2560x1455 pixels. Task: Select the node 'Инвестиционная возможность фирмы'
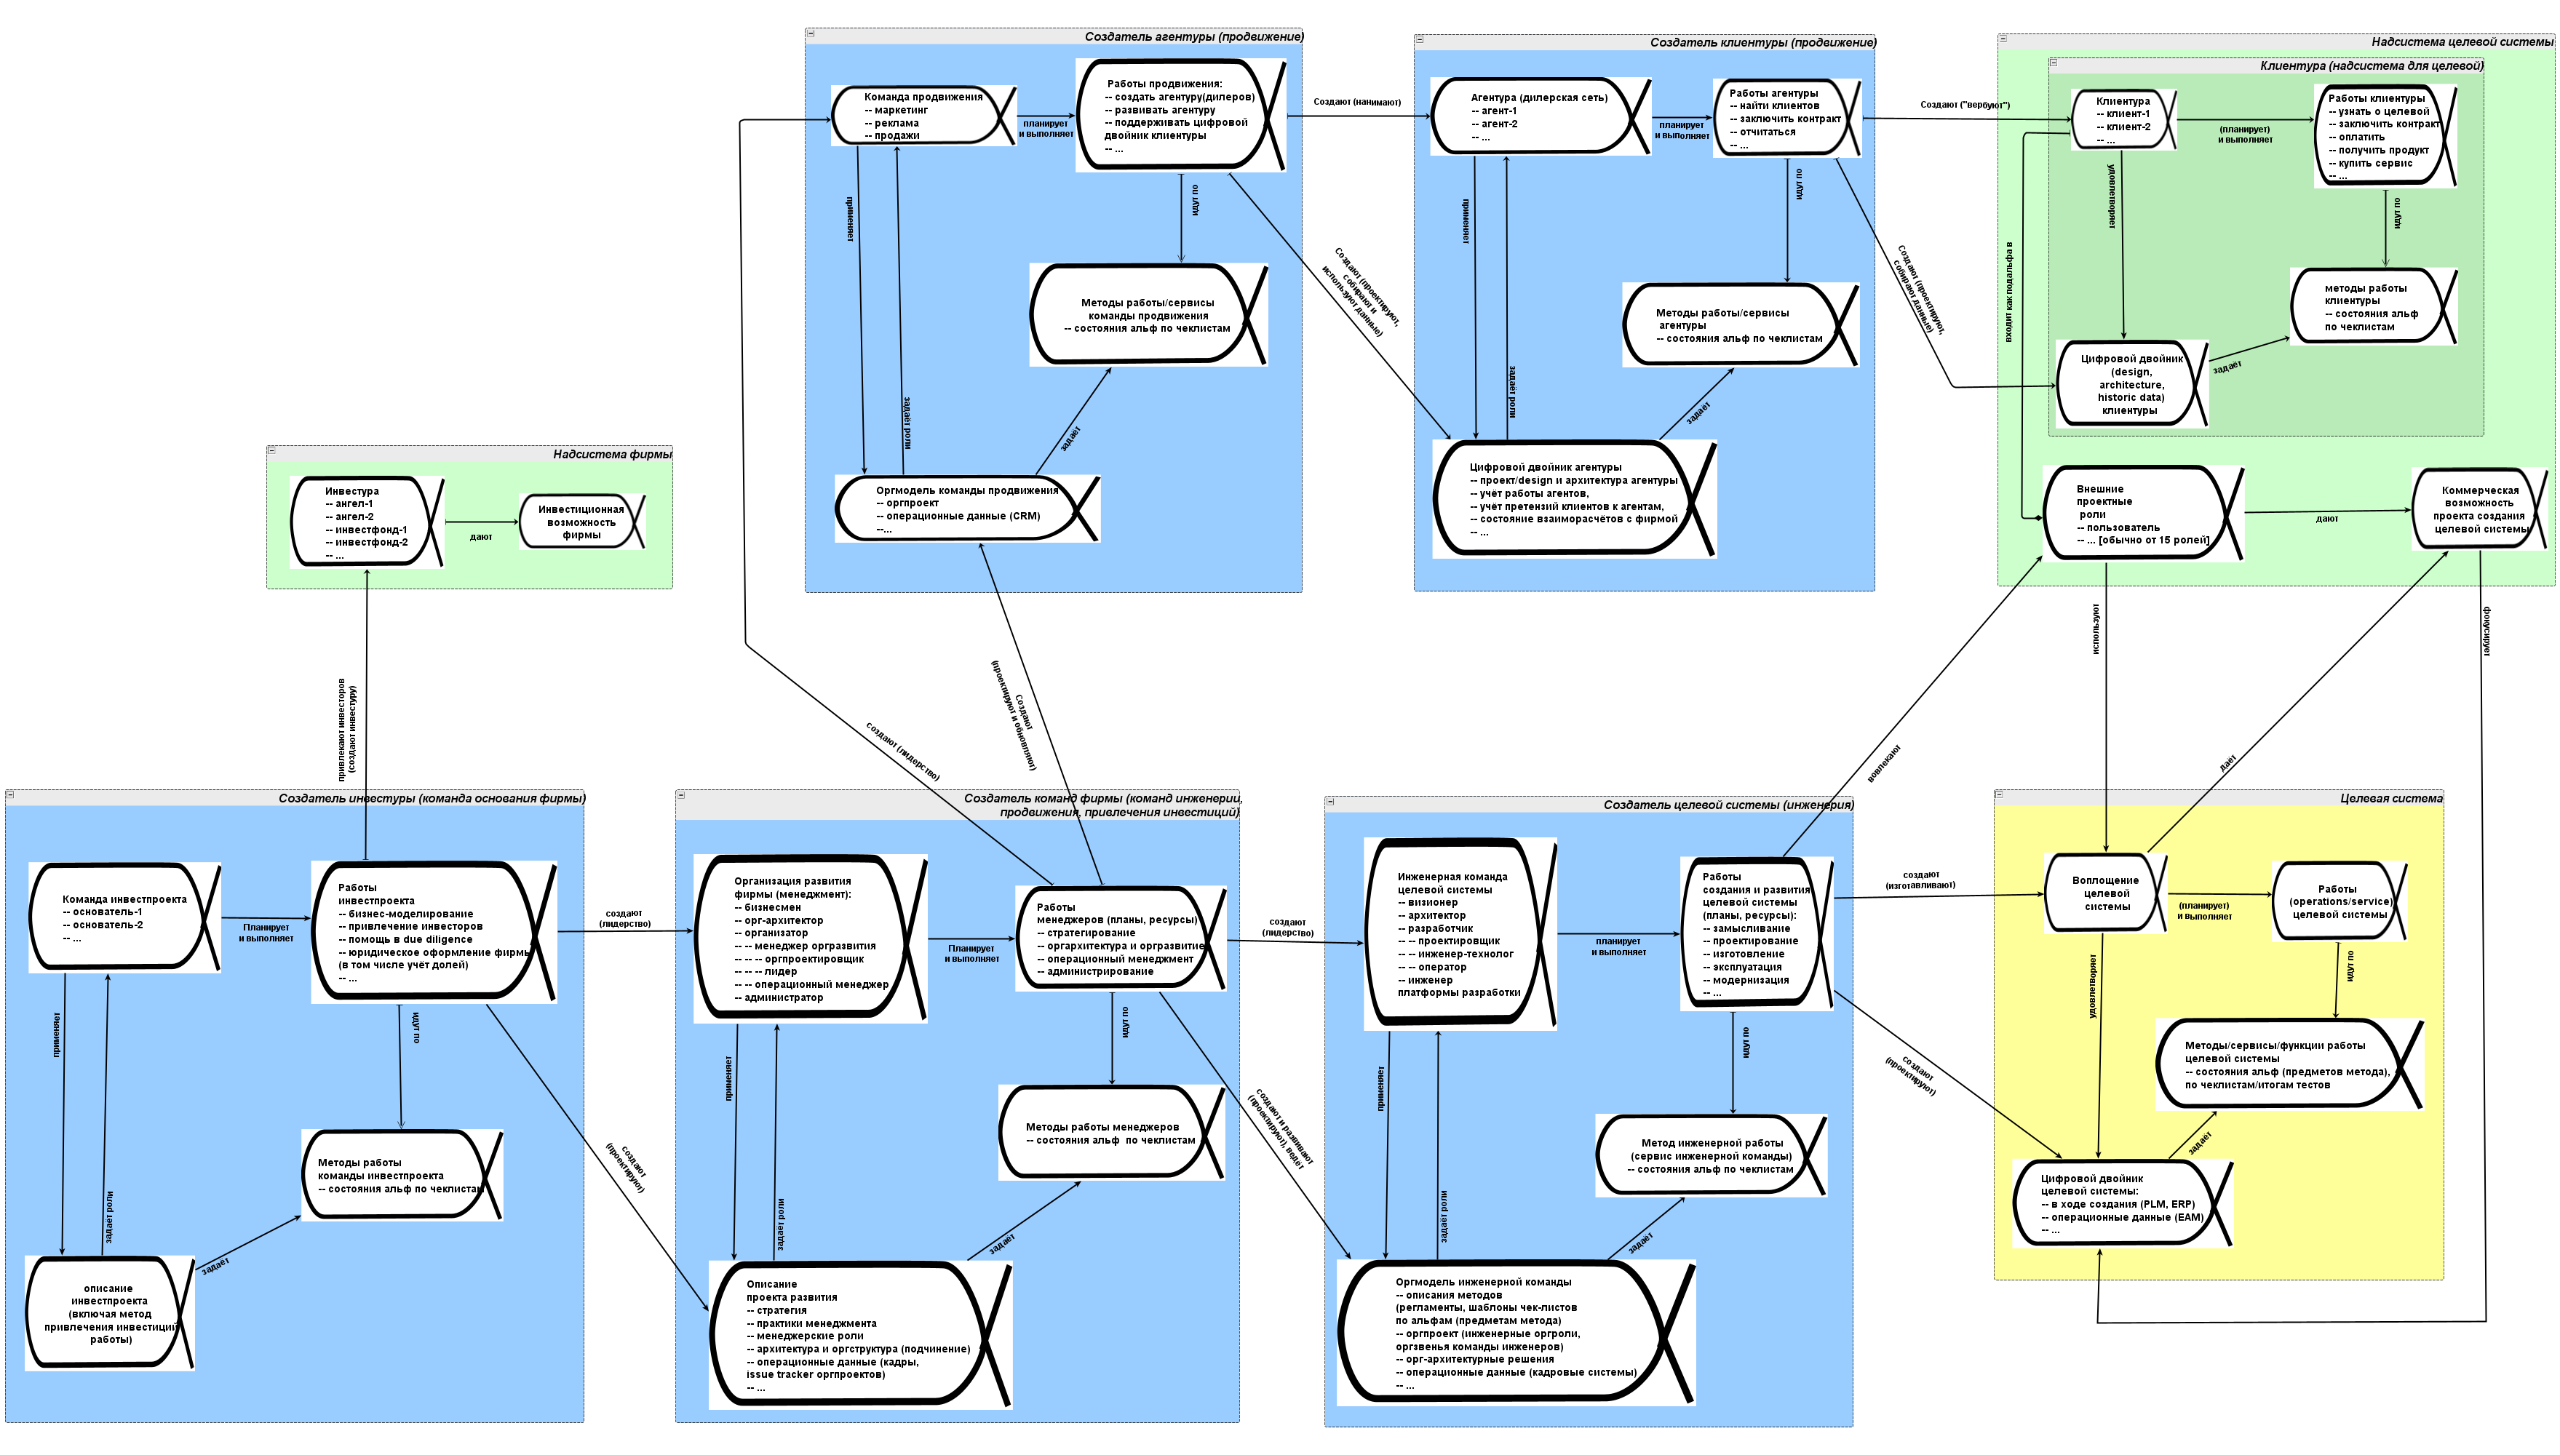pyautogui.click(x=581, y=522)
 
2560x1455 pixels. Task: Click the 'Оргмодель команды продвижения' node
pyautogui.click(x=966, y=509)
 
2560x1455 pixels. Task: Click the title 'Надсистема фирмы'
pyautogui.click(x=612, y=455)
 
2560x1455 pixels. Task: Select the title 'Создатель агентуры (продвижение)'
pyautogui.click(x=1193, y=37)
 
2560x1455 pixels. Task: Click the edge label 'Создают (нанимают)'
pyautogui.click(x=1356, y=102)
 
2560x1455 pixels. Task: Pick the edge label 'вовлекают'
pyautogui.click(x=1883, y=765)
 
